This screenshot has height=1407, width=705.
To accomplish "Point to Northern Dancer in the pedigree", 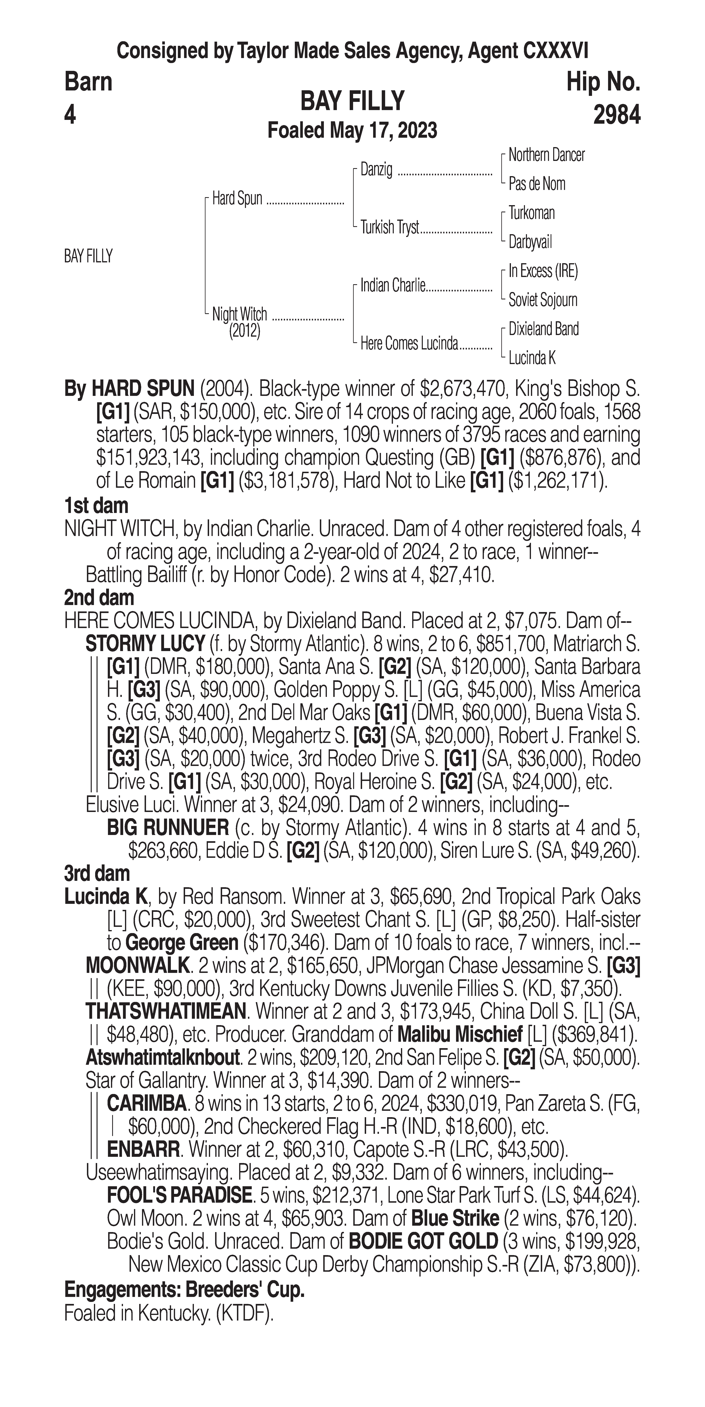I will point(546,155).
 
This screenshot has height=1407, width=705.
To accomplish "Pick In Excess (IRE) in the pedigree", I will point(543,271).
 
